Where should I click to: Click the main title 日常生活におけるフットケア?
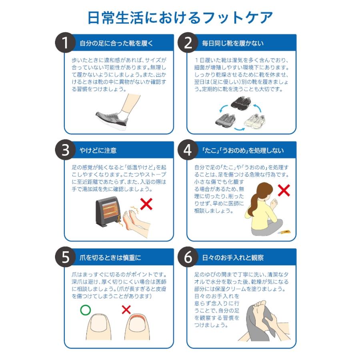[x=180, y=18]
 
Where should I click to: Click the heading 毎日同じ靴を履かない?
[x=232, y=44]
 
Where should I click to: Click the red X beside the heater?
[x=147, y=204]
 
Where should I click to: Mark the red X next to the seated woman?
[x=284, y=190]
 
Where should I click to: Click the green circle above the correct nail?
[x=85, y=309]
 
